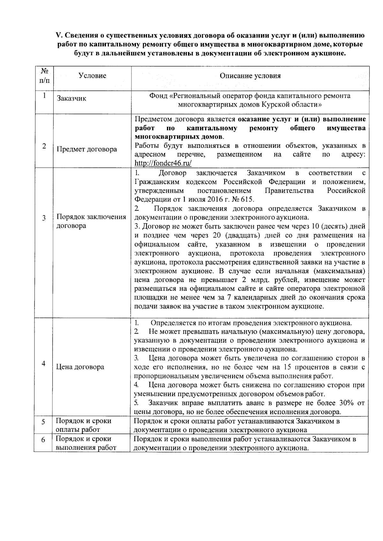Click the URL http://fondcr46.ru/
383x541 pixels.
(x=163, y=163)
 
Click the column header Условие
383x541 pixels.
(x=92, y=76)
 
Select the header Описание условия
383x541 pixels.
(x=250, y=76)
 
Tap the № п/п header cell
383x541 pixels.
(x=44, y=76)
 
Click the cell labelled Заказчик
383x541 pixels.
(x=71, y=99)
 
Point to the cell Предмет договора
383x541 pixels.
(x=86, y=149)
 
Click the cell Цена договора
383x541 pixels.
(x=80, y=367)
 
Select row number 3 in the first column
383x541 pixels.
(x=44, y=218)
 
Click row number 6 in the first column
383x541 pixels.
(x=43, y=440)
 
